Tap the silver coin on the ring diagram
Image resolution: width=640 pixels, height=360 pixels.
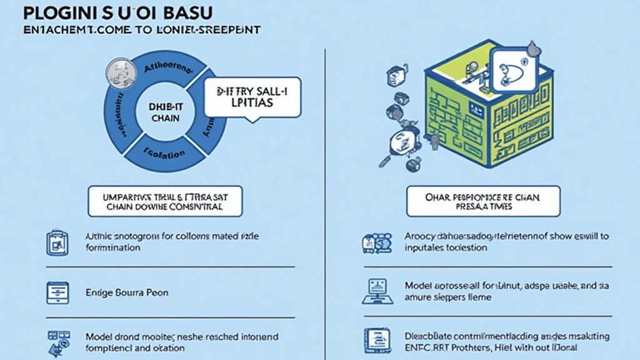pos(117,70)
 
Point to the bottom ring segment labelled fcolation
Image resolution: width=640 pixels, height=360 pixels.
pos(164,152)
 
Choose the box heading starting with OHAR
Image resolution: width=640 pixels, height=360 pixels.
pos(483,201)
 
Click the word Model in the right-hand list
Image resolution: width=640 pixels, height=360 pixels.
pos(417,286)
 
